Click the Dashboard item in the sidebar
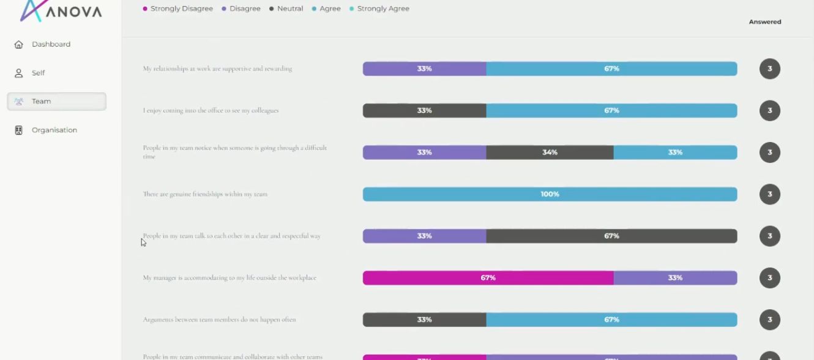coord(51,45)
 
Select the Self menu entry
coord(38,73)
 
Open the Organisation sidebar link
coord(54,130)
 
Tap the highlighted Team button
coord(56,102)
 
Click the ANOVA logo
coord(61,11)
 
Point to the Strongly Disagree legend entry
coord(178,9)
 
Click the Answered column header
coord(765,22)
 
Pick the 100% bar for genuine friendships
coord(550,195)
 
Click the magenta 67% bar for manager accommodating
coord(488,278)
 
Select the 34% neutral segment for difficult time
coord(550,152)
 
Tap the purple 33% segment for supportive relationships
coord(424,69)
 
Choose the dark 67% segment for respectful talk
coord(611,236)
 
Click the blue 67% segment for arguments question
coord(611,320)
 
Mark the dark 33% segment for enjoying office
coord(424,111)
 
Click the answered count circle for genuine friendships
coord(769,195)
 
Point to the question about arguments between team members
coord(219,320)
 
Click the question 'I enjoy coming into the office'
coord(211,111)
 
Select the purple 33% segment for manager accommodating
coord(675,278)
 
